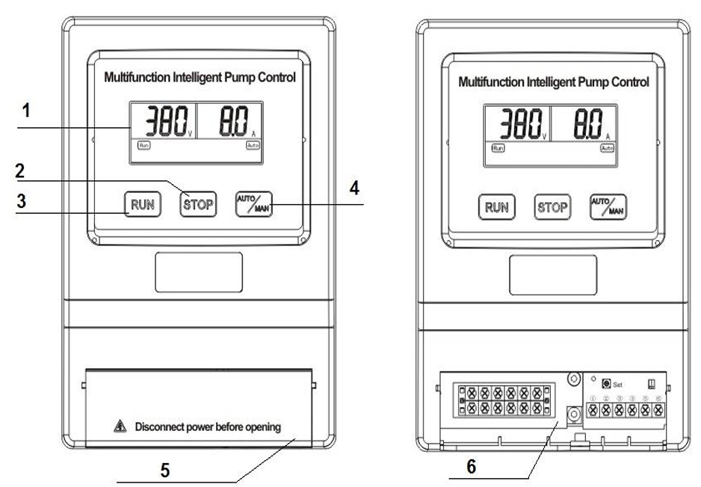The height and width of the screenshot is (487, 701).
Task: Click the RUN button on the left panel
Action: coord(141,203)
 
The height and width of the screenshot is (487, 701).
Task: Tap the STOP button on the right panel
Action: coord(552,207)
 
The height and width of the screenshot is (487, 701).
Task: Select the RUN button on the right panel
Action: coord(496,207)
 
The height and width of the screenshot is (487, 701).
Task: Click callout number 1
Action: coord(26,111)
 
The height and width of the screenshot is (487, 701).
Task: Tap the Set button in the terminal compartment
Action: coord(606,383)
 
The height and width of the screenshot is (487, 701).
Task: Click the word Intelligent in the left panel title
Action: coord(189,77)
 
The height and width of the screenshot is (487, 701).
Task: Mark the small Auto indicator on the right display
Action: coord(608,148)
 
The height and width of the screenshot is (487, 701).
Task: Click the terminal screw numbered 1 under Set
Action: coord(594,410)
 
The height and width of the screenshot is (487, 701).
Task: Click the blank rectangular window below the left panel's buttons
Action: coord(199,272)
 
